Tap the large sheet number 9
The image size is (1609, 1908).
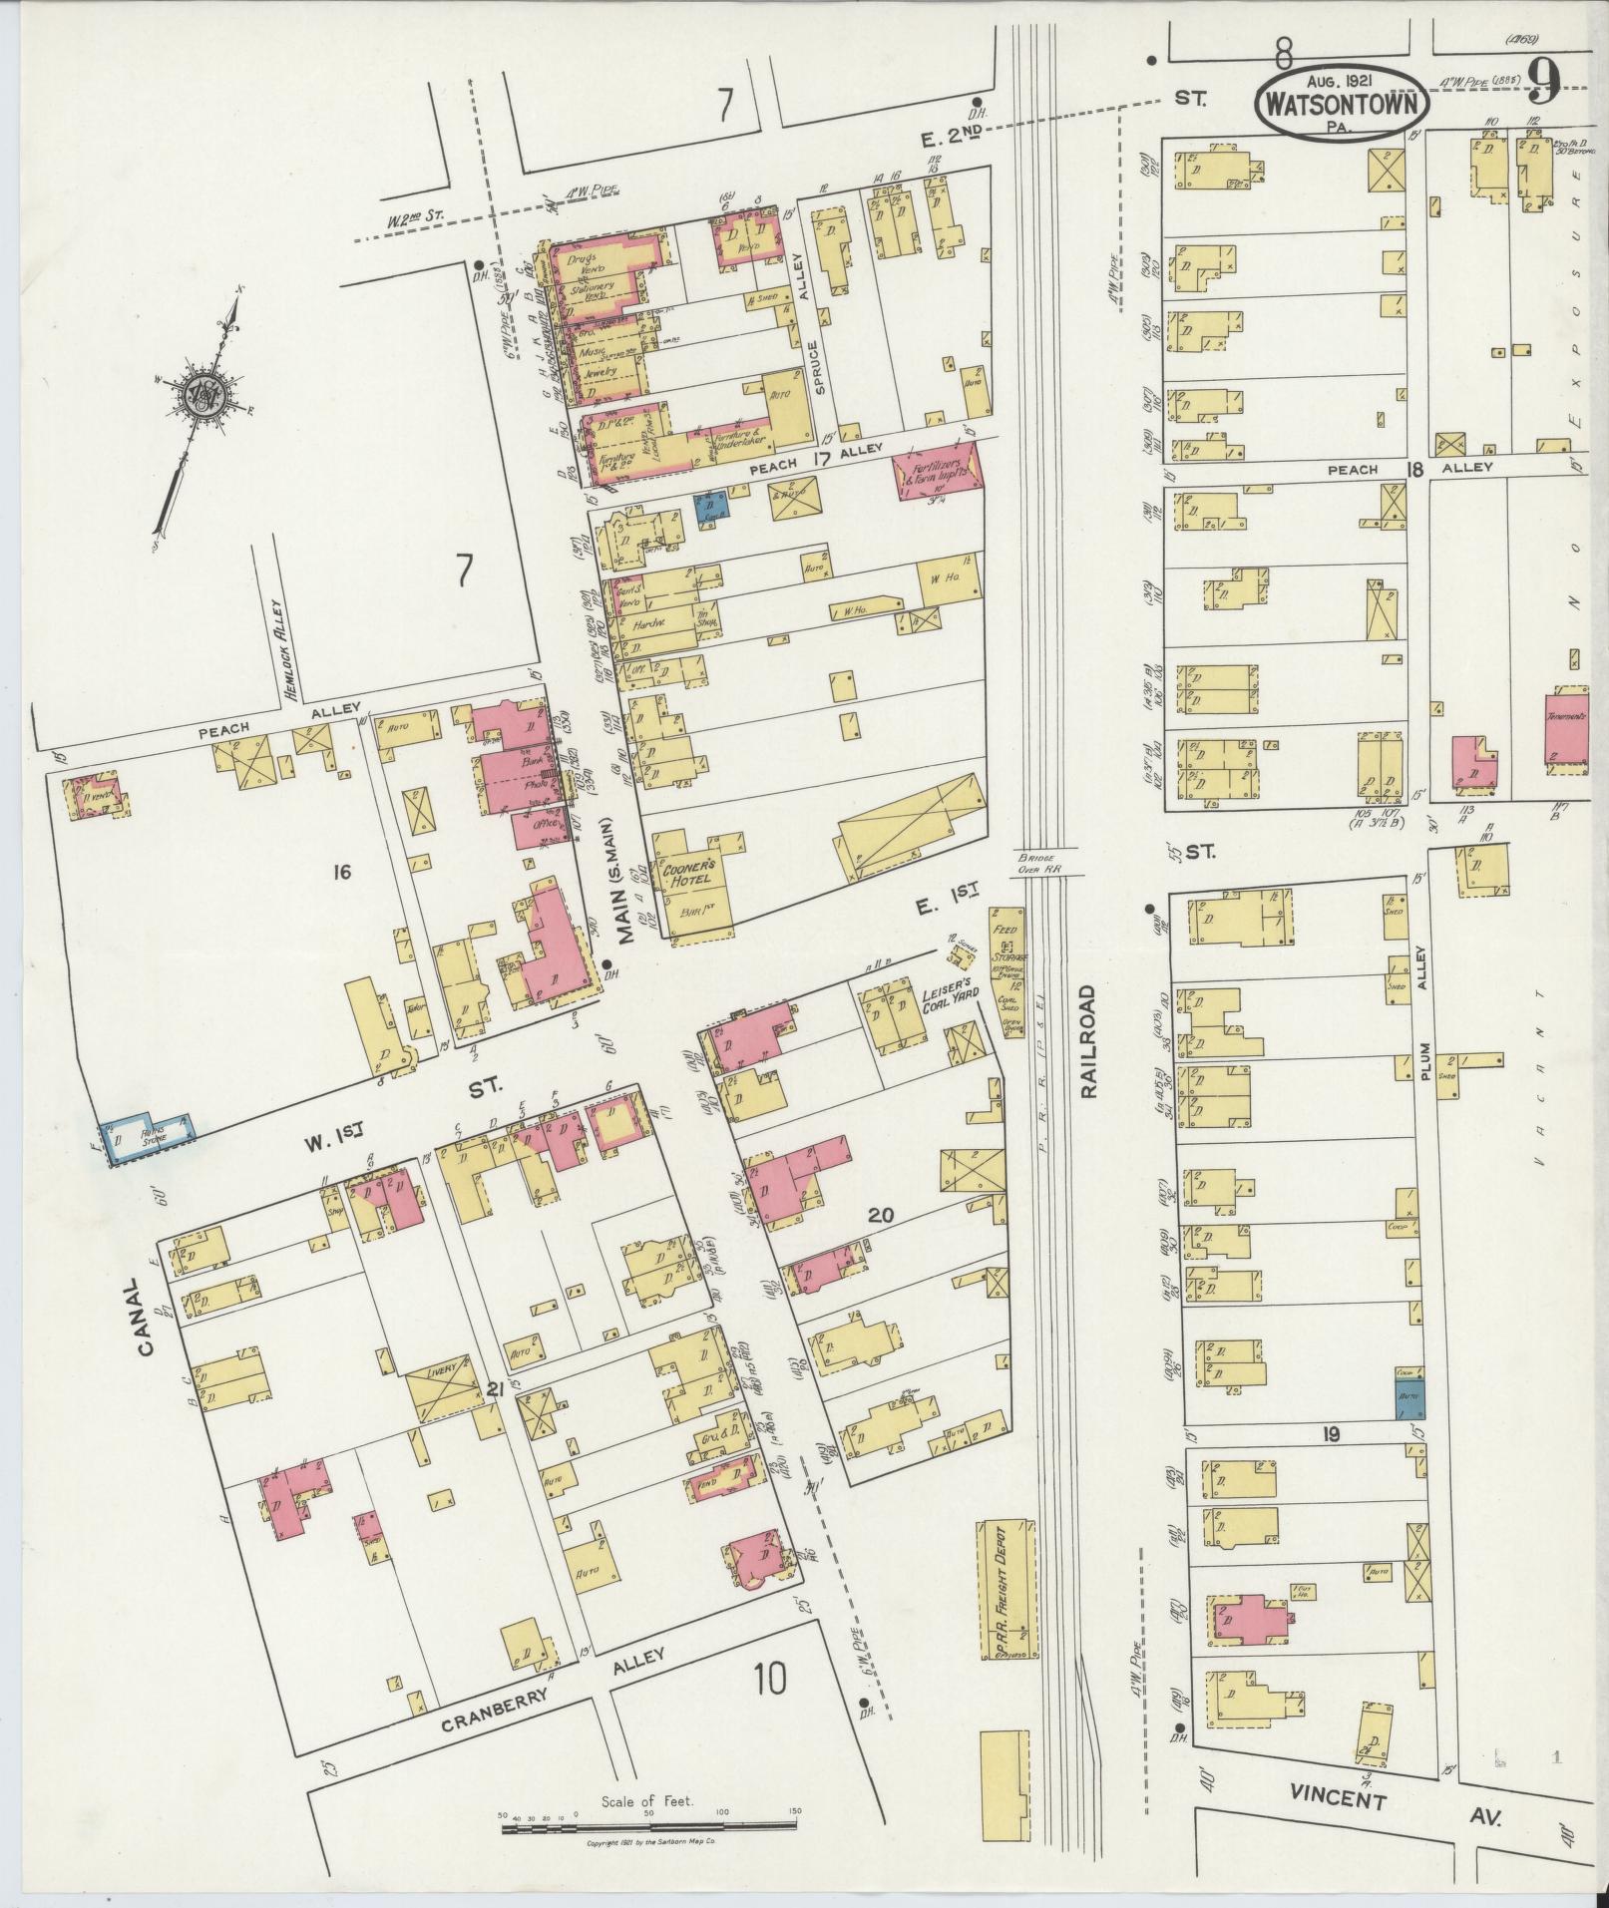click(1542, 82)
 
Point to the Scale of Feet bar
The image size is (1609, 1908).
click(648, 1826)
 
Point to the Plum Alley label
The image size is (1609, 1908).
click(1426, 1009)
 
